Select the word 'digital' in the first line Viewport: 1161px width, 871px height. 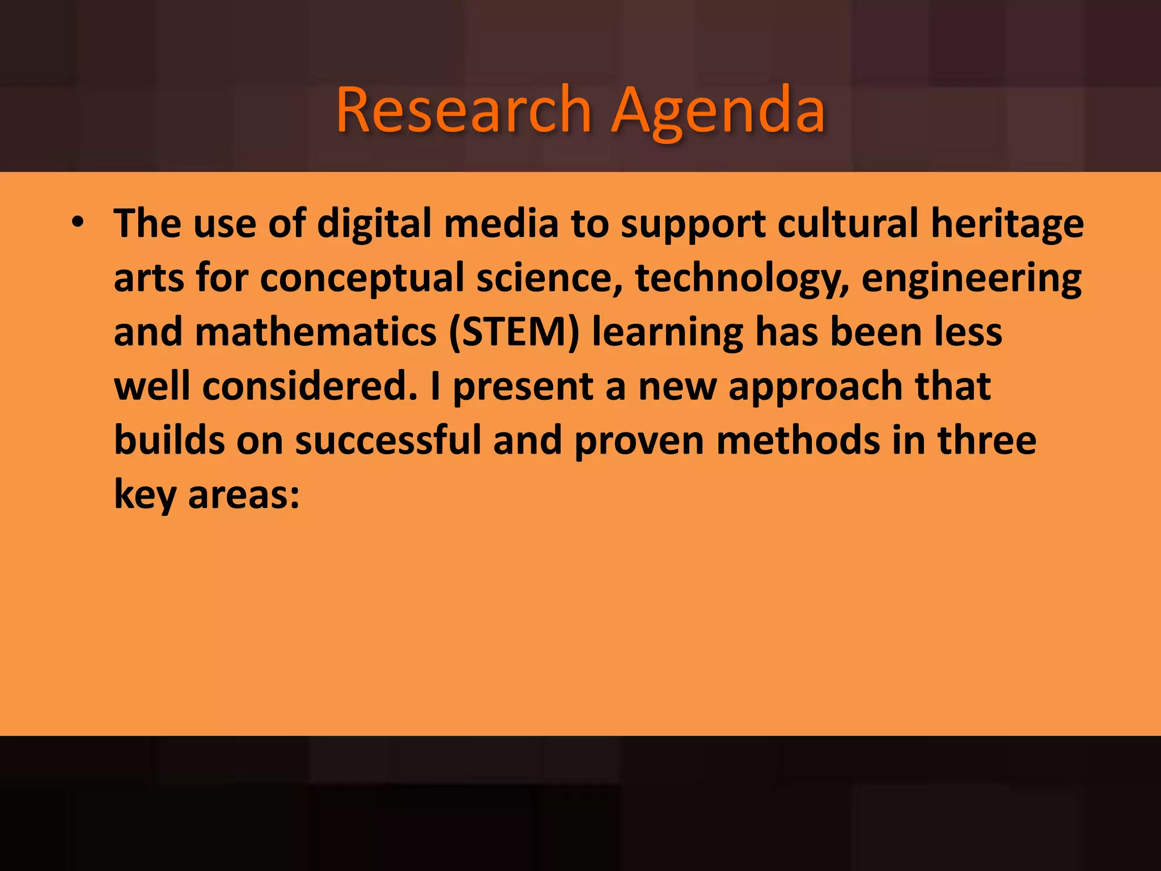click(375, 223)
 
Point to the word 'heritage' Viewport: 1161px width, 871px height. click(1007, 223)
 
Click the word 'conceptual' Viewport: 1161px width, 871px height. click(362, 278)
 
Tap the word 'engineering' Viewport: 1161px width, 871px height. click(971, 278)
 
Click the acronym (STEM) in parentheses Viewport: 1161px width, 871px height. click(514, 332)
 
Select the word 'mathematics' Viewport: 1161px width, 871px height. click(315, 332)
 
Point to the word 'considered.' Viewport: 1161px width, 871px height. click(310, 386)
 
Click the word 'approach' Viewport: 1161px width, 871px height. click(815, 386)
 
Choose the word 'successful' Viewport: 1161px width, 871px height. click(388, 441)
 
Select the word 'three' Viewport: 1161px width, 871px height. click(986, 441)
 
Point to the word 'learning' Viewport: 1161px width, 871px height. click(667, 332)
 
